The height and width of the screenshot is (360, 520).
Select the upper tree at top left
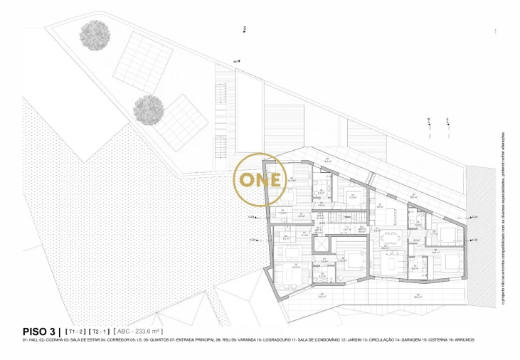95,33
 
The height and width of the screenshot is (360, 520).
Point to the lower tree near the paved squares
149,110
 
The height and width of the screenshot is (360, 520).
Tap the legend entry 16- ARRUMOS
462,340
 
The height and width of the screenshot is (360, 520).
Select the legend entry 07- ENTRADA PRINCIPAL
193,340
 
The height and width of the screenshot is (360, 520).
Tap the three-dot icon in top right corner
495,31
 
